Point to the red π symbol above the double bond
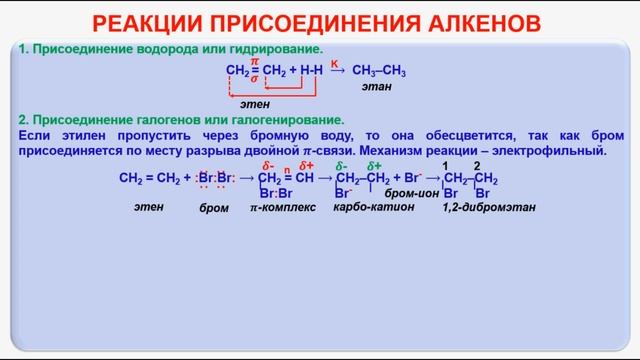pyautogui.click(x=254, y=61)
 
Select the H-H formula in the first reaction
pyautogui.click(x=310, y=71)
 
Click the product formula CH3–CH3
pyautogui.click(x=381, y=71)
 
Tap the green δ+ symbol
pyautogui.click(x=374, y=165)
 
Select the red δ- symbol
pyautogui.click(x=266, y=165)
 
